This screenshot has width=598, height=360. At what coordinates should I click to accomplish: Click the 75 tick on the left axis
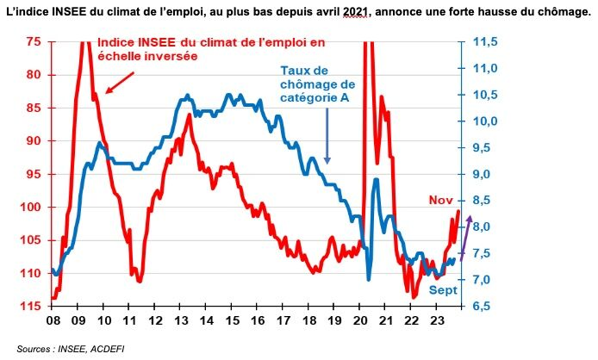pyautogui.click(x=34, y=41)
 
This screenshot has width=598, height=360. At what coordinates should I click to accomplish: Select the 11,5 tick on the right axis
pyautogui.click(x=487, y=41)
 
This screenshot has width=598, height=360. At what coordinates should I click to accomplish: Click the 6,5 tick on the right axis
pyautogui.click(x=484, y=307)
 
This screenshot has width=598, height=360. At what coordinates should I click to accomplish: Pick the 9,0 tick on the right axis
pyautogui.click(x=484, y=174)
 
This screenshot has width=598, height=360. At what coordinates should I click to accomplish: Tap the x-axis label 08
pyautogui.click(x=53, y=320)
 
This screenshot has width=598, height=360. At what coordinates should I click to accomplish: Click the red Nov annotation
pyautogui.click(x=441, y=200)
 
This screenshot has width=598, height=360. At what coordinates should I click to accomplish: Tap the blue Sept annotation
pyautogui.click(x=443, y=290)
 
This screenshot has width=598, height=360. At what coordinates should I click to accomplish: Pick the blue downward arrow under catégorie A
pyautogui.click(x=327, y=138)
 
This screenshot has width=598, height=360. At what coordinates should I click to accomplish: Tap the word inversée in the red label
pyautogui.click(x=169, y=56)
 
